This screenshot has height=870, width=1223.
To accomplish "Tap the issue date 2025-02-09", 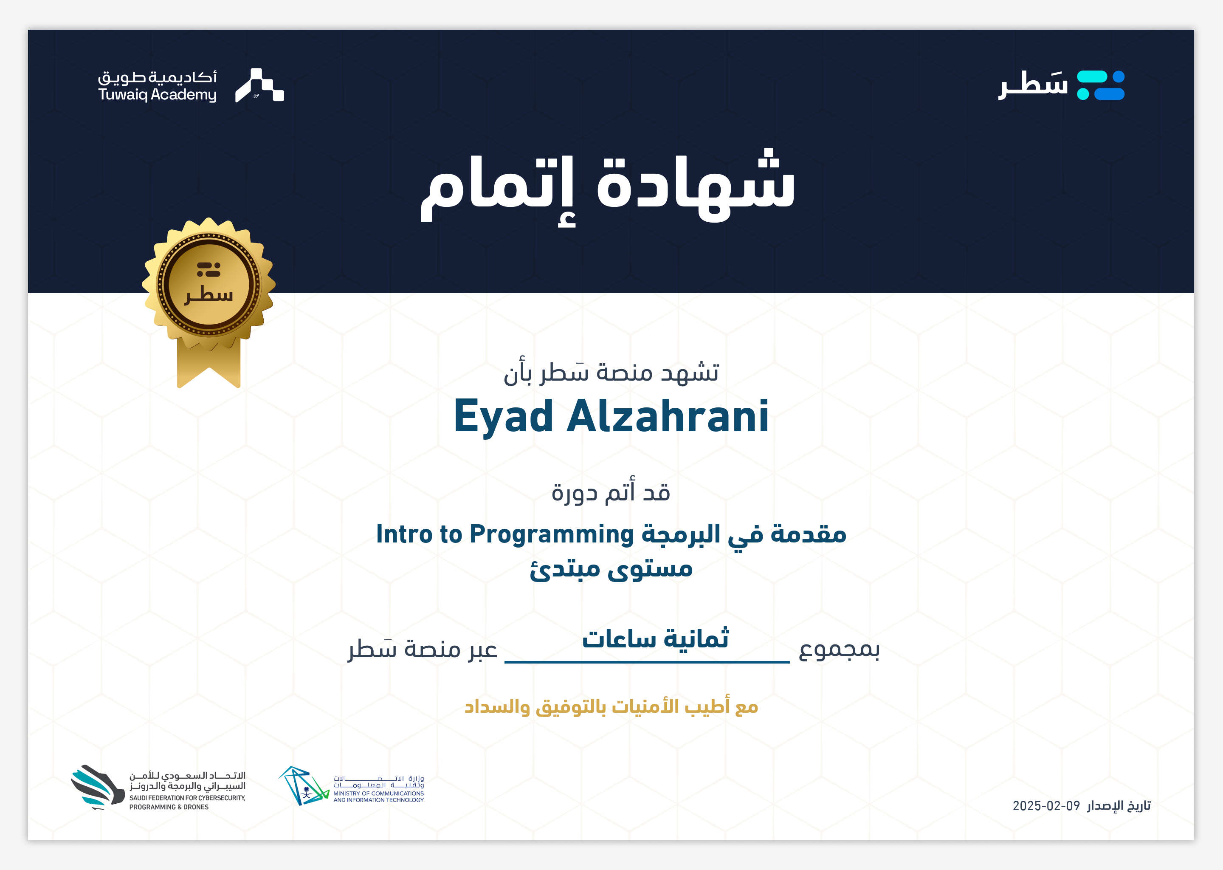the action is click(1046, 806).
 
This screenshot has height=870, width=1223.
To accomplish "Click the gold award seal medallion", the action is click(209, 284).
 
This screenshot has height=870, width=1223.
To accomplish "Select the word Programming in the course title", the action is click(552, 535).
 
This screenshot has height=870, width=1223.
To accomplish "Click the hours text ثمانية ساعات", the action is click(655, 638).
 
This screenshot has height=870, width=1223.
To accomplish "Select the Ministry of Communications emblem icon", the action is click(303, 785).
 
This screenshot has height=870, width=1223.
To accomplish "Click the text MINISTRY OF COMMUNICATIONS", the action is click(378, 794).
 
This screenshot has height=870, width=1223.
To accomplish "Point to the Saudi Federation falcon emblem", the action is click(97, 786).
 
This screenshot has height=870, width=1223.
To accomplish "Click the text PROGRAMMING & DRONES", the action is click(169, 807).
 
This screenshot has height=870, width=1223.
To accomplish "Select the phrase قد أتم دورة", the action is click(611, 491).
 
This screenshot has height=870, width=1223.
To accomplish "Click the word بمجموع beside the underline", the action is click(839, 649).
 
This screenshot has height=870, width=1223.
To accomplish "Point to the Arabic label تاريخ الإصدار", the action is click(1119, 806).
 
